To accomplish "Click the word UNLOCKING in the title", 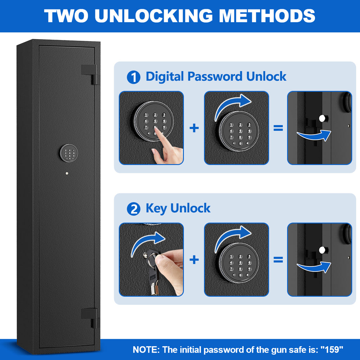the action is (154, 16).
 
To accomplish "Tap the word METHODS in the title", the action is (267, 16).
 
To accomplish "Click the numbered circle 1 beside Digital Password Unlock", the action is (133, 77).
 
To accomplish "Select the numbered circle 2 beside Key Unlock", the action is (133, 209).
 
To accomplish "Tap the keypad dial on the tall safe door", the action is (69, 153).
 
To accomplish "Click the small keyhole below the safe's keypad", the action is (67, 173).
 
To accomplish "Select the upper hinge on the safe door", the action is (90, 74).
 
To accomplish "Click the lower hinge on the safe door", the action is (90, 317).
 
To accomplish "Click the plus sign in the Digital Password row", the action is (194, 128).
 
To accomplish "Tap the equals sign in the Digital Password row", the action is (278, 128).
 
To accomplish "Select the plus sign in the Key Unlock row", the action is (194, 260).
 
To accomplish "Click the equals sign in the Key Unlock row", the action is (278, 260).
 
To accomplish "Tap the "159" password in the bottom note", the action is (332, 350).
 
